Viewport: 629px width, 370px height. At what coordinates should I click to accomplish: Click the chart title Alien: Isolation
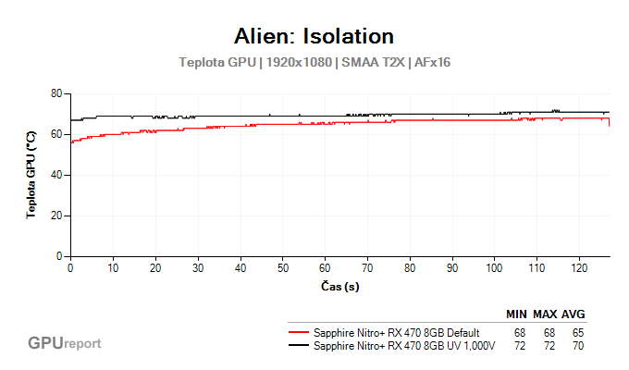[314, 36]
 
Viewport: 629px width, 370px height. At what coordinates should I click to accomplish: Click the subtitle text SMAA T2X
[372, 62]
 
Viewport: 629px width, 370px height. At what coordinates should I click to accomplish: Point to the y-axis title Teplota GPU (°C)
[31, 175]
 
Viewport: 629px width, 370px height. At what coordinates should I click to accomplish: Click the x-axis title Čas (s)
[339, 287]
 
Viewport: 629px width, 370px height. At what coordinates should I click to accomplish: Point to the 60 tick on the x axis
[325, 268]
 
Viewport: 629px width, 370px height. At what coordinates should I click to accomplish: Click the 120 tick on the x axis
[579, 268]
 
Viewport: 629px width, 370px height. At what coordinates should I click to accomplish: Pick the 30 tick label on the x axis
[198, 268]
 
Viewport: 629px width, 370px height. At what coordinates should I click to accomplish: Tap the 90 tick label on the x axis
[452, 268]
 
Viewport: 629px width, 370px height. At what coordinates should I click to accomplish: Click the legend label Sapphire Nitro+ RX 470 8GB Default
[396, 332]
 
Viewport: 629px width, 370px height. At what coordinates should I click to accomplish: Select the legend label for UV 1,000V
[404, 346]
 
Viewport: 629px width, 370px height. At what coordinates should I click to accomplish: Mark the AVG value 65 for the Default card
[578, 332]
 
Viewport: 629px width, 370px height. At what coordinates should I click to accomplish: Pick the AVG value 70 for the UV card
[578, 346]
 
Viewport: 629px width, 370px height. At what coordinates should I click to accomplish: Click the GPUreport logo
[64, 343]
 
